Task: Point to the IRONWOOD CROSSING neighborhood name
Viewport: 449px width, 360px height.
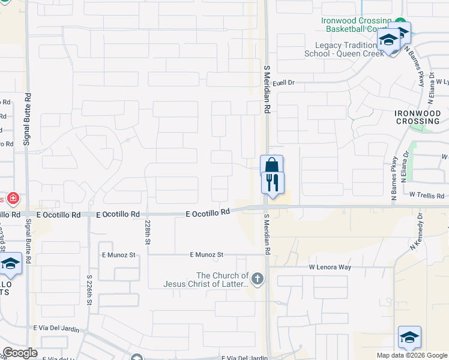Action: [x=421, y=117]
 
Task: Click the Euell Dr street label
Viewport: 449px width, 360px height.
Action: [x=285, y=83]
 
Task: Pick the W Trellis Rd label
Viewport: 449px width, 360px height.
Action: [x=427, y=196]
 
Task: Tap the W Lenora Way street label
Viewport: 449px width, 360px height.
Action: [x=330, y=266]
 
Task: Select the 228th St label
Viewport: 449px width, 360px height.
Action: [x=147, y=232]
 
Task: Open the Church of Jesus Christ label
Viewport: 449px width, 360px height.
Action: [x=206, y=280]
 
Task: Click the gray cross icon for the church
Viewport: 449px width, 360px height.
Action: [x=258, y=278]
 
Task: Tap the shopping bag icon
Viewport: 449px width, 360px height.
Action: [x=271, y=165]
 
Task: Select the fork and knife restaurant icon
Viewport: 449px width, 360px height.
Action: [x=273, y=181]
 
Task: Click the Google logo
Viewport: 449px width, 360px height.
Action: [x=20, y=353]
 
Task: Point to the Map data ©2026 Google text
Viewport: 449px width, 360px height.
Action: [x=411, y=355]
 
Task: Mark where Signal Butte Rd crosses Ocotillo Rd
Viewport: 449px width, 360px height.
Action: [x=26, y=214]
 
